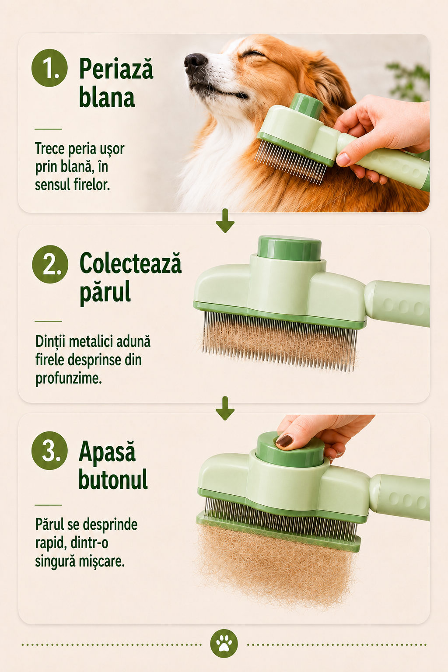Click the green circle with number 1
point(49,68)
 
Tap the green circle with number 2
point(50,264)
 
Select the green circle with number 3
point(49,451)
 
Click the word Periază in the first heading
point(116,68)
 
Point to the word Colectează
point(130,263)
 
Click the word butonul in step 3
point(113,479)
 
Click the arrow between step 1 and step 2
point(225,220)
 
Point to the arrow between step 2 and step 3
point(225,408)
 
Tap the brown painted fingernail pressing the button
point(284,441)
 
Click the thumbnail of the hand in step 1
point(343,159)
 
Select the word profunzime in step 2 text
point(69,378)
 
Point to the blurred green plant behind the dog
point(408,81)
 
